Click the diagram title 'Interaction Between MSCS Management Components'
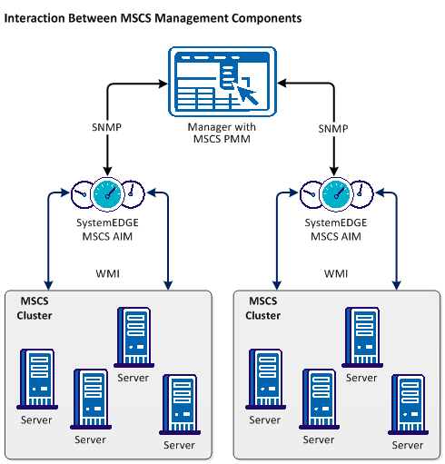click(x=153, y=18)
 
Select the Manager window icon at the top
click(x=222, y=83)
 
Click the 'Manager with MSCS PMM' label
click(x=222, y=133)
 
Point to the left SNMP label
click(x=108, y=129)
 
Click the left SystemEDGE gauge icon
click(x=108, y=192)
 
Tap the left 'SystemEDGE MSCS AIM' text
click(x=108, y=231)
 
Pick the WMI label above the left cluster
click(x=108, y=272)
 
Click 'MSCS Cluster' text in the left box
click(x=35, y=309)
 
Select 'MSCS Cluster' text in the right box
click(x=262, y=309)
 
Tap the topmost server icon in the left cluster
click(x=133, y=335)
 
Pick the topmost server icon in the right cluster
click(x=361, y=335)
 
